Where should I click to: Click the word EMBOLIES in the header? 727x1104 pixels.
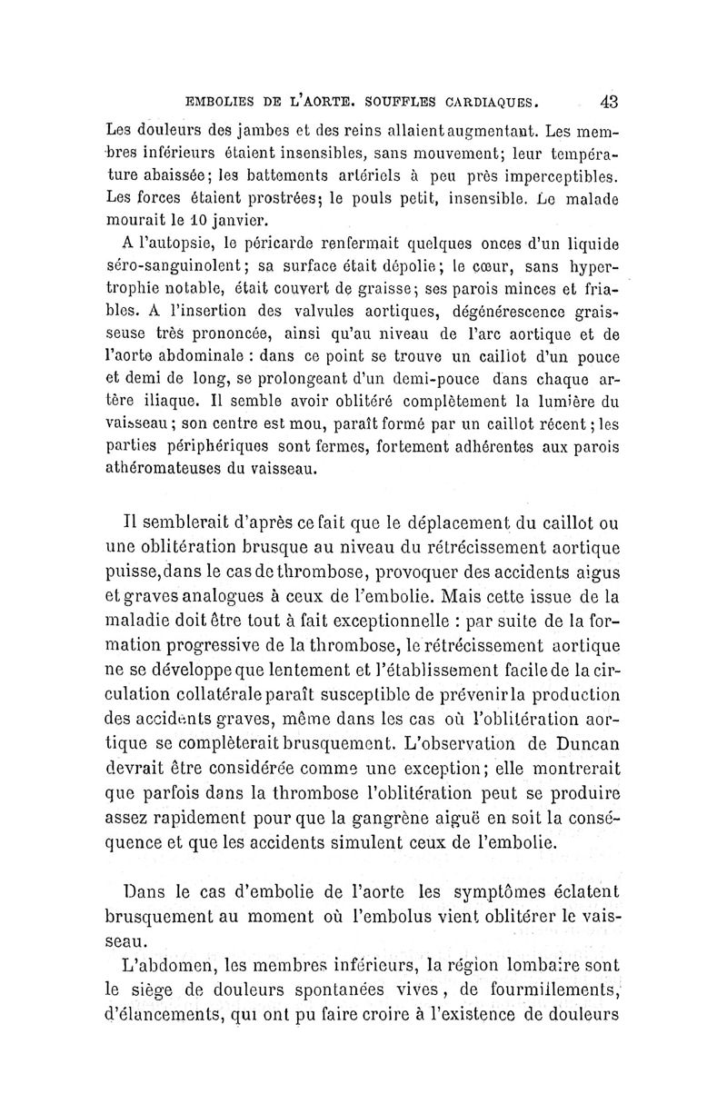tap(218, 102)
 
